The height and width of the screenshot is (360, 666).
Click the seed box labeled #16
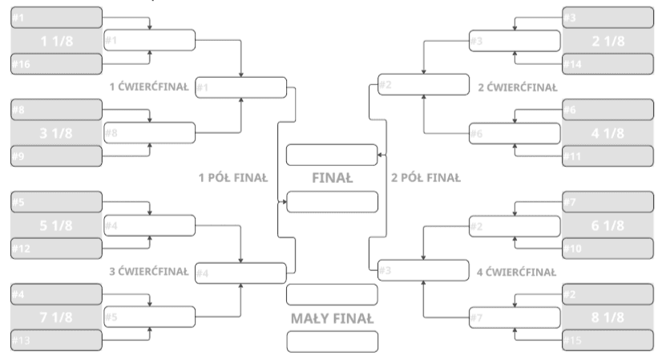pyautogui.click(x=56, y=63)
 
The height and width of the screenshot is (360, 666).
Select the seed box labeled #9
pyautogui.click(x=56, y=156)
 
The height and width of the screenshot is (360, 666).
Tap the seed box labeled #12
pyautogui.click(x=56, y=249)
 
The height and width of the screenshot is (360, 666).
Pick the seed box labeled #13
pyautogui.click(x=56, y=340)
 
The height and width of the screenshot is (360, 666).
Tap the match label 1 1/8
pyautogui.click(x=56, y=41)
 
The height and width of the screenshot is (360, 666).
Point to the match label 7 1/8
pyautogui.click(x=56, y=318)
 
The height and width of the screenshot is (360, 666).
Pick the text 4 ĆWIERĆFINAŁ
pyautogui.click(x=516, y=272)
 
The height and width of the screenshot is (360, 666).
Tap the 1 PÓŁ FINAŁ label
pyautogui.click(x=233, y=178)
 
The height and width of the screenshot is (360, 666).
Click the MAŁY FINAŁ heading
pyautogui.click(x=332, y=318)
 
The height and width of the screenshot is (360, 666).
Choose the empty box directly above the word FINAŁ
pyautogui.click(x=332, y=155)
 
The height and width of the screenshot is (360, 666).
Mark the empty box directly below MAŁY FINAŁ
pyautogui.click(x=332, y=341)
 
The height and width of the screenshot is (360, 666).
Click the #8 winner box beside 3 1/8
pyautogui.click(x=150, y=133)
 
